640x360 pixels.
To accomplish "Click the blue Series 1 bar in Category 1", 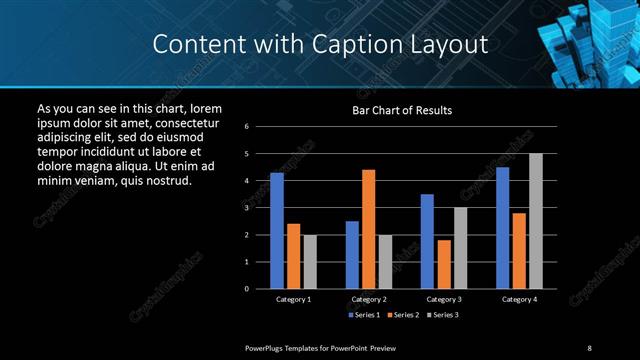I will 277,231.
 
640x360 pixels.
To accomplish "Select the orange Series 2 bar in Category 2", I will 369,229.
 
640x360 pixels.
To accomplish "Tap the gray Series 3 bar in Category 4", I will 536,221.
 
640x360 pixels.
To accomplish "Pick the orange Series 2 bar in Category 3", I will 444,264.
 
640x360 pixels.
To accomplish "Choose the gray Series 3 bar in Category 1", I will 310,262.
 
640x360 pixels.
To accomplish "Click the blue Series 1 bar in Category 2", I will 352,255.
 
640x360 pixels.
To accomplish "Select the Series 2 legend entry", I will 402,315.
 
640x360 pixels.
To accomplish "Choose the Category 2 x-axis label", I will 369,299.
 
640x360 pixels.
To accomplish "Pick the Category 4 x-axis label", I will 519,299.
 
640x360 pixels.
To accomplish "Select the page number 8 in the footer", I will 589,347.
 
